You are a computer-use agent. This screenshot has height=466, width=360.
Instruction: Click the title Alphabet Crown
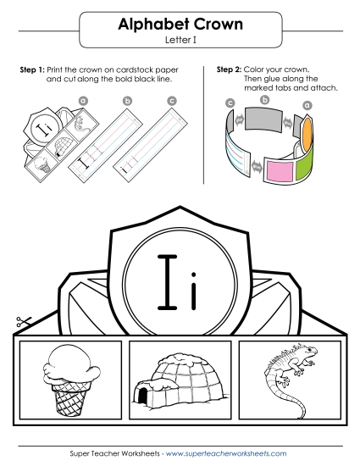pos(180,25)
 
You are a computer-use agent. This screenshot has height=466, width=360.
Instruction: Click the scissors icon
pos(23,323)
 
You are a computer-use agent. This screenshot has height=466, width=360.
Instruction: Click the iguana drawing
pos(287,373)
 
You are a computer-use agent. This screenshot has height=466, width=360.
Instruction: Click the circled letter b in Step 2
pos(266,99)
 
